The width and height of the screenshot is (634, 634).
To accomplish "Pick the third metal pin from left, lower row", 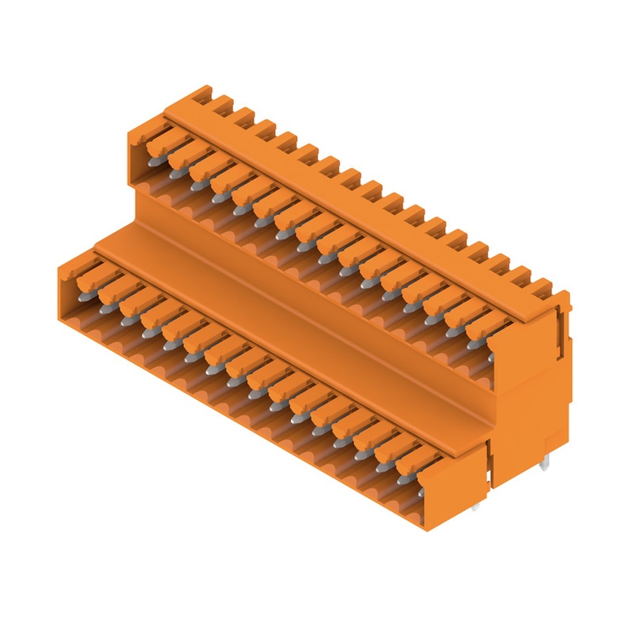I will tap(126, 321).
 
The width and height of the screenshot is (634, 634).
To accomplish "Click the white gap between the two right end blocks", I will tap(489, 469).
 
